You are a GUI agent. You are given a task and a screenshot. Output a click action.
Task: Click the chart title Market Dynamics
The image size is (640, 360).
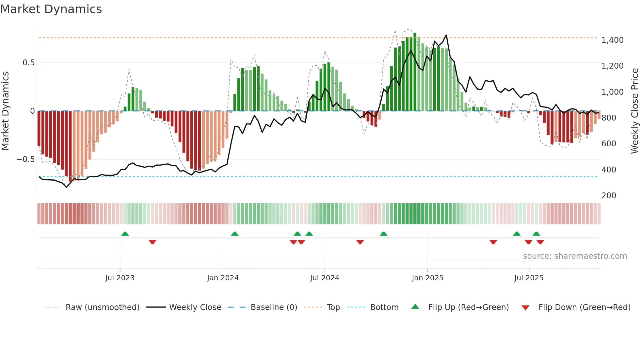tap(51, 9)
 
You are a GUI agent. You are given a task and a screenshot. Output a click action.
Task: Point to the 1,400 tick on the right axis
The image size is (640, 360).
tap(612, 40)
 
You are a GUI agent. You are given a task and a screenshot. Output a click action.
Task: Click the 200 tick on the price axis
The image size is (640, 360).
tap(609, 195)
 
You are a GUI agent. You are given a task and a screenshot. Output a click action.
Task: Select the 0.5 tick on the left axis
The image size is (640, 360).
tap(28, 63)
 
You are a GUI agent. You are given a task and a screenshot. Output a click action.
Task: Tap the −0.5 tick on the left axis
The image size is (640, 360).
tap(26, 159)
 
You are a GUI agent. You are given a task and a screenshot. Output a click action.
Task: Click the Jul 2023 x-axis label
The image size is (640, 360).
tap(120, 278)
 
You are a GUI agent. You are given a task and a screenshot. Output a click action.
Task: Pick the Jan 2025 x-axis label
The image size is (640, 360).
tap(427, 278)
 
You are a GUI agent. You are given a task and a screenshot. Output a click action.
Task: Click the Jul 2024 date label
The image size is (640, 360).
tap(325, 278)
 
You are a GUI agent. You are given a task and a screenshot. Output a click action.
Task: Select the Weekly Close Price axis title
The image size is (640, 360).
tap(634, 111)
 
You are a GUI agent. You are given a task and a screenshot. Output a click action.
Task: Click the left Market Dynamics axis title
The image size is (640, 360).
tap(5, 111)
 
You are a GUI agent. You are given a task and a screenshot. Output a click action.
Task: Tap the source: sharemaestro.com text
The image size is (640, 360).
tap(575, 256)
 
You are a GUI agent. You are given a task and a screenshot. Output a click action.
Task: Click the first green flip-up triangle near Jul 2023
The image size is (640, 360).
tap(125, 234)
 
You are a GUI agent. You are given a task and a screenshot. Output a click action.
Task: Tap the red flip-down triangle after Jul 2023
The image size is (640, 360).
tap(152, 242)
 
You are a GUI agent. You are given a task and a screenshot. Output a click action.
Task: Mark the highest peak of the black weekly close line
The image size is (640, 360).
tap(446, 35)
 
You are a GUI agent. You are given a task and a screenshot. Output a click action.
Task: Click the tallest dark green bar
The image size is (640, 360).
tap(415, 72)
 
